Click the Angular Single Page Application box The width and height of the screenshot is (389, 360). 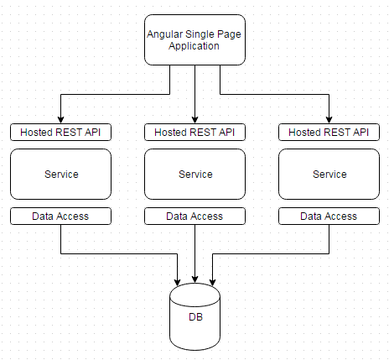pyautogui.click(x=194, y=39)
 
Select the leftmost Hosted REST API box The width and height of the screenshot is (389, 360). pyautogui.click(x=60, y=132)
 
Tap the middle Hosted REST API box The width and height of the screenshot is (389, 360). pyautogui.click(x=194, y=132)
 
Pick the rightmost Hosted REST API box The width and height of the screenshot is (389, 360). pyautogui.click(x=329, y=132)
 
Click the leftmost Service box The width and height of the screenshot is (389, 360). pyautogui.click(x=60, y=175)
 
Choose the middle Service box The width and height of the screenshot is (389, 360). pyautogui.click(x=194, y=175)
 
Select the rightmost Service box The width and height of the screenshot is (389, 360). pyautogui.click(x=329, y=175)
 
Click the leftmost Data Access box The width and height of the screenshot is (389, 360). pyautogui.click(x=60, y=217)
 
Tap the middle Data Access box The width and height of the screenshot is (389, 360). pyautogui.click(x=194, y=217)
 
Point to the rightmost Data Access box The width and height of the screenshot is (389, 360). pyautogui.click(x=329, y=217)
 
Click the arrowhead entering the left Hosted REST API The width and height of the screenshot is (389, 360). pyautogui.click(x=60, y=119)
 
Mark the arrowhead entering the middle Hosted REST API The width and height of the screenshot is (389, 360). pyautogui.click(x=194, y=119)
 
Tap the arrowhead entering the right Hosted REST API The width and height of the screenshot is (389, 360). pyautogui.click(x=329, y=119)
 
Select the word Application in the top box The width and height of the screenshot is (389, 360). pyautogui.click(x=194, y=46)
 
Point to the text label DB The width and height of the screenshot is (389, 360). pyautogui.click(x=194, y=319)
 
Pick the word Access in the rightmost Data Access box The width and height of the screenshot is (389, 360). pyautogui.click(x=341, y=217)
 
